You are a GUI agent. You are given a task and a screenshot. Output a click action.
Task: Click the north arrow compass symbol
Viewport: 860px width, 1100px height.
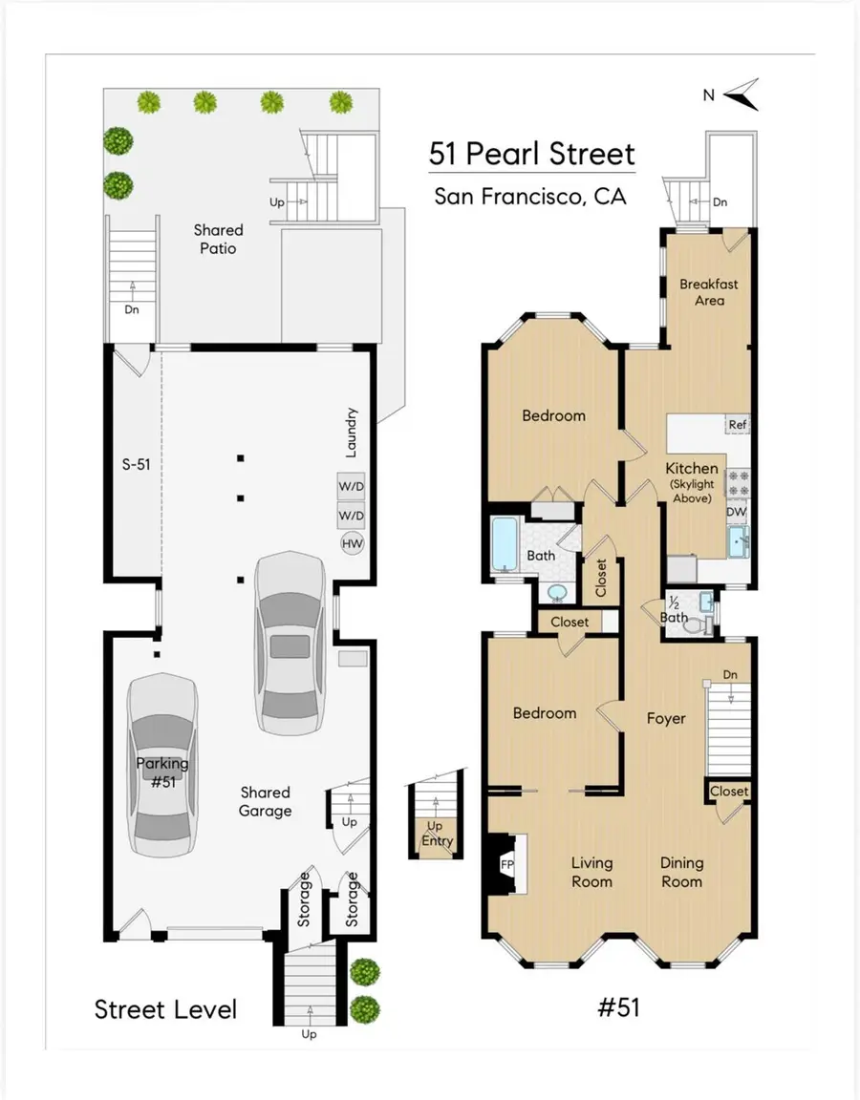pyautogui.click(x=741, y=94)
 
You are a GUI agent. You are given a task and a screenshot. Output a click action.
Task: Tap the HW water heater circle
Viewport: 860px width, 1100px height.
pyautogui.click(x=352, y=543)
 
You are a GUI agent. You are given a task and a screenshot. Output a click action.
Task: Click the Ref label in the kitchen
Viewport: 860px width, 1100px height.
pyautogui.click(x=737, y=425)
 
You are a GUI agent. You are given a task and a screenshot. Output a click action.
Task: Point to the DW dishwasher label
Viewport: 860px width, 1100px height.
pyautogui.click(x=736, y=513)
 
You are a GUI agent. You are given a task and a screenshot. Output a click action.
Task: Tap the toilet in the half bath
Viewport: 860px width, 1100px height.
pyautogui.click(x=703, y=624)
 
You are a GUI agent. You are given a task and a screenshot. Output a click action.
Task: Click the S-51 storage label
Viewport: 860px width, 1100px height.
pyautogui.click(x=137, y=465)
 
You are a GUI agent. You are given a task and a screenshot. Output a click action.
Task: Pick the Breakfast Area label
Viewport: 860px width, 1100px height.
pyautogui.click(x=708, y=292)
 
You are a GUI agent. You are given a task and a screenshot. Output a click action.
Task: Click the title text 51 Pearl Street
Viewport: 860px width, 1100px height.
pyautogui.click(x=531, y=153)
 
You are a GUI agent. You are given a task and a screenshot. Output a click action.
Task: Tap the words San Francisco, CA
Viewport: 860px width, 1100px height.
pyautogui.click(x=530, y=197)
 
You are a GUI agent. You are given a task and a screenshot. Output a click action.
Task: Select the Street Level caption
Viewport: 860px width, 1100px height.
pyautogui.click(x=165, y=1008)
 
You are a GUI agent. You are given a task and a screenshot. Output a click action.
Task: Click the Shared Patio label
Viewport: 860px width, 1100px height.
pyautogui.click(x=218, y=239)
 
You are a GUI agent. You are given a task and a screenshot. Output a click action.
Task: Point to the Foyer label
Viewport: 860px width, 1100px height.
pyautogui.click(x=666, y=718)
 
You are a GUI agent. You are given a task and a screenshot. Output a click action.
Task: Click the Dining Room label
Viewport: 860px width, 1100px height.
pyautogui.click(x=681, y=872)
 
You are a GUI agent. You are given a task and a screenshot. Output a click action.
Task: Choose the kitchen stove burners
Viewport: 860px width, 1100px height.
pyautogui.click(x=739, y=483)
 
